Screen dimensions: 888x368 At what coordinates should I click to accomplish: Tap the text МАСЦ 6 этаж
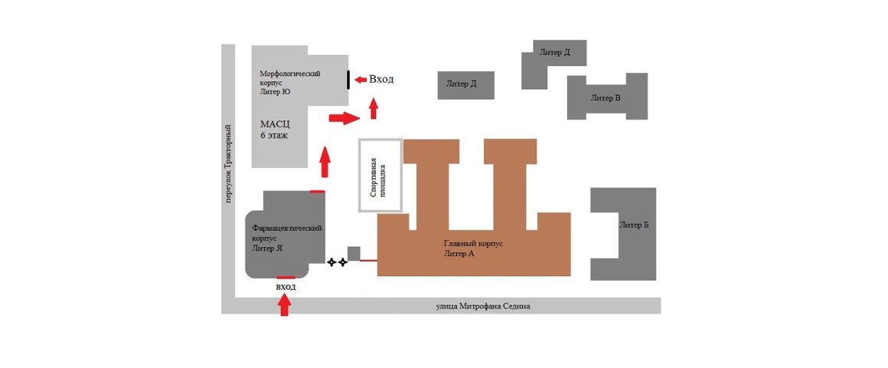276,130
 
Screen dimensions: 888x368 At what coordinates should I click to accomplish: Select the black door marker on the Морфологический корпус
348,80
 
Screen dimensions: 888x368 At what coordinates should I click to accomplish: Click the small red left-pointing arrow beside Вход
361,80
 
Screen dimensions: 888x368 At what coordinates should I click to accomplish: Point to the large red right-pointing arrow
344,118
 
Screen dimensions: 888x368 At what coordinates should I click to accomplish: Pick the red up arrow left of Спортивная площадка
325,163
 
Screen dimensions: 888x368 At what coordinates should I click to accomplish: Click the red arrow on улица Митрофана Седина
285,306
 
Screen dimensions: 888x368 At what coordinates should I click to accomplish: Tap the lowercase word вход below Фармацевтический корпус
286,287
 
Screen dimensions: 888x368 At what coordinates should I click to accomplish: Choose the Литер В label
606,97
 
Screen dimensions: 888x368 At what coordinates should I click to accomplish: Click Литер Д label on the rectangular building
461,84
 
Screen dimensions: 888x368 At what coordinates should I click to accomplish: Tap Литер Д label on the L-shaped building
554,53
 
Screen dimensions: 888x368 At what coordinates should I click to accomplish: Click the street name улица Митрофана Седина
483,307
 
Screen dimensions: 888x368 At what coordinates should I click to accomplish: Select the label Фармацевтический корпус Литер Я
286,238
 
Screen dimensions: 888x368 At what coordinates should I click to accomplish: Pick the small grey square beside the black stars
354,254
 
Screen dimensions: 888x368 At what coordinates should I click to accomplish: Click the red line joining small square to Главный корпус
369,261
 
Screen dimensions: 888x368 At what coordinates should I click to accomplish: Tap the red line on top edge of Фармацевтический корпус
317,192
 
